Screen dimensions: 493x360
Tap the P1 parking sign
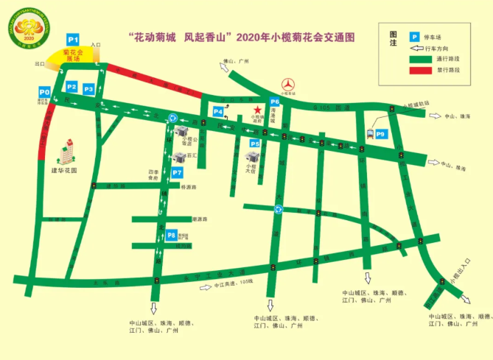click(x=72, y=39)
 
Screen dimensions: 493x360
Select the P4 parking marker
click(x=218, y=112)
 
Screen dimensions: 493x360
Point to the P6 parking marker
click(x=274, y=102)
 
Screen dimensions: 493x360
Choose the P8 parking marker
click(x=171, y=236)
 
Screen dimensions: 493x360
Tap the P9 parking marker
click(x=380, y=135)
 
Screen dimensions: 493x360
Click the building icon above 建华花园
click(x=66, y=150)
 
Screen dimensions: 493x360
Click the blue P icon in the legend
click(x=415, y=36)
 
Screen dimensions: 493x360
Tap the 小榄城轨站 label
click(x=421, y=105)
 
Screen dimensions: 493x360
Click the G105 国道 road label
click(x=326, y=108)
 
